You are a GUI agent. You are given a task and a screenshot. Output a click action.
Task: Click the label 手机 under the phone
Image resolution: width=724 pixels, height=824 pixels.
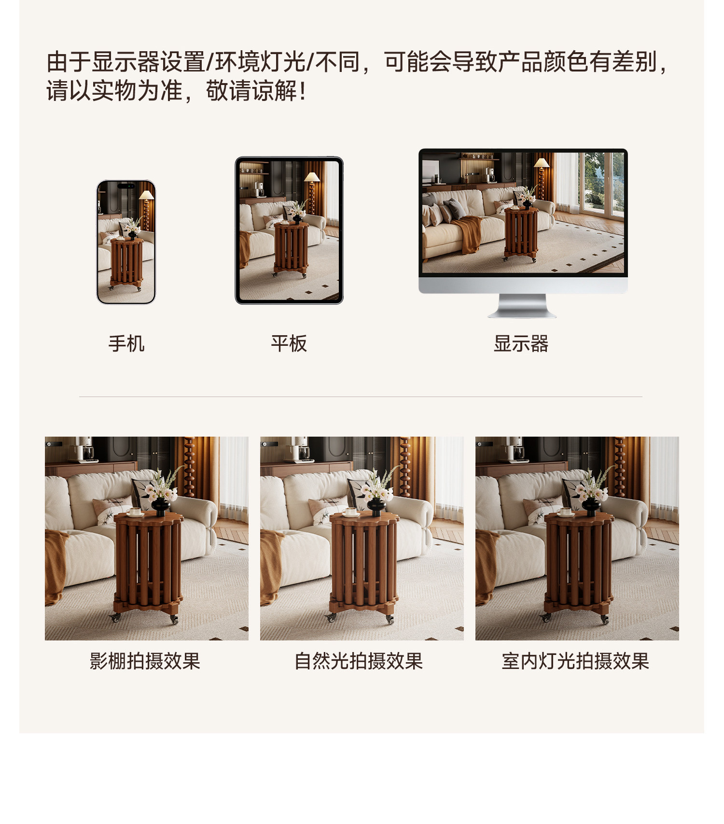(126, 344)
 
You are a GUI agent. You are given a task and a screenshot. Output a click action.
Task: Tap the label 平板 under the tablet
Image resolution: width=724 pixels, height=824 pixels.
(289, 344)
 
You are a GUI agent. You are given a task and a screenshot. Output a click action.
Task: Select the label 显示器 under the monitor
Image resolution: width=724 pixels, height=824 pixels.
(521, 344)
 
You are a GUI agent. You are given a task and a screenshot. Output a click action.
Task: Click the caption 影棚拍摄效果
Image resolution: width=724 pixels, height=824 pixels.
(145, 661)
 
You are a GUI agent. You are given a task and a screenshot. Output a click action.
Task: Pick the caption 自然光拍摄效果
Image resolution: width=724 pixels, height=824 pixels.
(359, 661)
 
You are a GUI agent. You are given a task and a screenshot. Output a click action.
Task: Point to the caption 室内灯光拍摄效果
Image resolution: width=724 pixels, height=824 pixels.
(575, 661)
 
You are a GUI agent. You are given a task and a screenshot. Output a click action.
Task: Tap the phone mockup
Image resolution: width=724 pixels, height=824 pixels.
(126, 242)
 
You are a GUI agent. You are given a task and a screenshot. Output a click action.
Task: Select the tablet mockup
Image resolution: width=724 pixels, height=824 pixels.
(289, 230)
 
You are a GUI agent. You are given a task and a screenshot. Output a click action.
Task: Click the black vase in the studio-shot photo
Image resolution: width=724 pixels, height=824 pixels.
(160, 506)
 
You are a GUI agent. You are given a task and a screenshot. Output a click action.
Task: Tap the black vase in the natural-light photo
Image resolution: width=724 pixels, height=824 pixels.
(376, 506)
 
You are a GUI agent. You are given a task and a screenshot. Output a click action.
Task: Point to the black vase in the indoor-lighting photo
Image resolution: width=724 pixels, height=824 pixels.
(591, 506)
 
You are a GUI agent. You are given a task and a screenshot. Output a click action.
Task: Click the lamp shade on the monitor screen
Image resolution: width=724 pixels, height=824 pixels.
(541, 163)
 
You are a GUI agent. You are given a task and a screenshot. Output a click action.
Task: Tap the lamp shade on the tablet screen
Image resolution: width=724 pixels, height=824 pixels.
(312, 177)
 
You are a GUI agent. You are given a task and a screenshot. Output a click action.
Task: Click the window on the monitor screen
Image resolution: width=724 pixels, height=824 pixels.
(601, 183)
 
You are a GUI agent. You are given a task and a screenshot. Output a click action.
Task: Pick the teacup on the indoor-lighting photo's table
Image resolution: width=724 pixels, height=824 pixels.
(565, 511)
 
